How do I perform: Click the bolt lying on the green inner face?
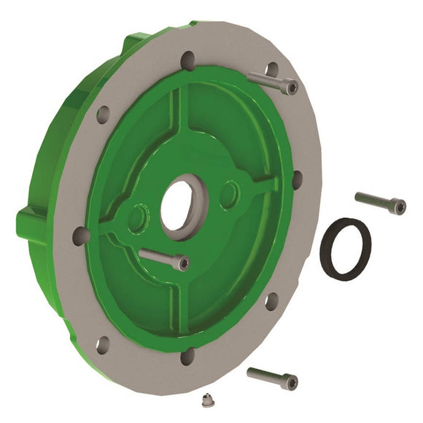coord(163,258)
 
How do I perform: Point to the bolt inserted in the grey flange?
coord(274,82)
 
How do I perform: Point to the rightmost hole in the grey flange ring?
coord(297,177)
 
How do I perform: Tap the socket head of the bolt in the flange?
coord(291,87)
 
